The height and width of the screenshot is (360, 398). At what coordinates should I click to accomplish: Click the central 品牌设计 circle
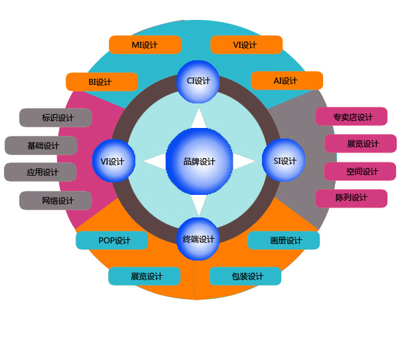pos(199,161)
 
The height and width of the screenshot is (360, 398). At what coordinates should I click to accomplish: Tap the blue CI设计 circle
pos(198,82)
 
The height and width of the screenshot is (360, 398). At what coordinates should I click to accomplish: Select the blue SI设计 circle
pos(285,160)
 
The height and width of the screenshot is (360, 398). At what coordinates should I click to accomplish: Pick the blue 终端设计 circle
pos(198,239)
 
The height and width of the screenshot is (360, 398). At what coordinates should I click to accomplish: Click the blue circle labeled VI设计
pos(113,161)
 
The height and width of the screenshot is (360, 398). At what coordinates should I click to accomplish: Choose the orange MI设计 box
pos(145,45)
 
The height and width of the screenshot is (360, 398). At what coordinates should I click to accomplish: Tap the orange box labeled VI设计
pos(246,45)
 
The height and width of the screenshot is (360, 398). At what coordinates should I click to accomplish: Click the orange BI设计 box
pos(101,82)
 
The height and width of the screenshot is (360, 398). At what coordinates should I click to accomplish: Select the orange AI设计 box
pos(287,81)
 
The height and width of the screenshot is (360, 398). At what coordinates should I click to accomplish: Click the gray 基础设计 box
pos(41,146)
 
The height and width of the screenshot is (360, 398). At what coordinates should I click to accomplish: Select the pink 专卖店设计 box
pos(352,117)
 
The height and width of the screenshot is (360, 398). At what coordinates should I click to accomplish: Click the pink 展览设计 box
pos(361,144)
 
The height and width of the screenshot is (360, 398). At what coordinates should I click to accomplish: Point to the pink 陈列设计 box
pos(351,198)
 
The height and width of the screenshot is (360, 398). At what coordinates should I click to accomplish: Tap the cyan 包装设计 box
pos(245,276)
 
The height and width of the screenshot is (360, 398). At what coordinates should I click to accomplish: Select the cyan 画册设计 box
pos(284,241)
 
